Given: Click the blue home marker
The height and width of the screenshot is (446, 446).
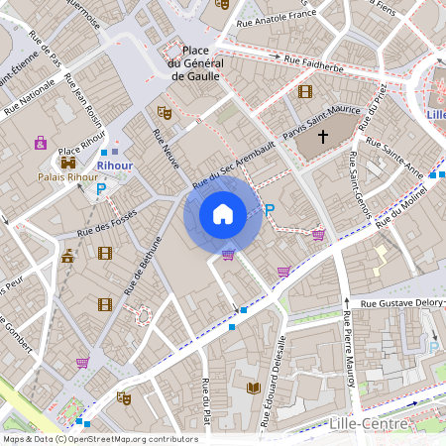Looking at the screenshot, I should tap(223, 214).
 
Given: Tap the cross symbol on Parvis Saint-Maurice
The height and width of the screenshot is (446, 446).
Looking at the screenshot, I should tap(322, 141).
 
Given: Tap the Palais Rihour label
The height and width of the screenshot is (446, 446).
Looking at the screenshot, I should tap(67, 177).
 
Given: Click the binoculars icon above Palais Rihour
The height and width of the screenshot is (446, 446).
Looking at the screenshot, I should tap(68, 162).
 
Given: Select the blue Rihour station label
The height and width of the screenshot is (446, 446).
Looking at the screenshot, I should tap(114, 166).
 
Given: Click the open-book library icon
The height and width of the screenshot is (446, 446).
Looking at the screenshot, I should tap(253, 386).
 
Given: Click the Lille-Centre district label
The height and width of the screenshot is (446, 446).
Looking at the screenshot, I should tap(368, 424).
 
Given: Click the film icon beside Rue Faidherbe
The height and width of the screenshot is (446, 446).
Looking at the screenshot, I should tap(304, 92).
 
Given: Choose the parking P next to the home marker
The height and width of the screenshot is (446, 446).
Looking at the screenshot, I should tap(270, 210).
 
